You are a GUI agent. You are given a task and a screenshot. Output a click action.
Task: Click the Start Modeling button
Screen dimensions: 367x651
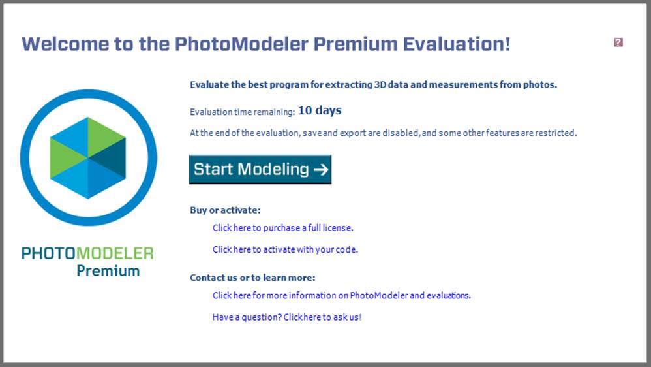tap(260, 169)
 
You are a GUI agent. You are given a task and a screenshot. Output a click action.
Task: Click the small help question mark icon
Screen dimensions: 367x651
tap(618, 42)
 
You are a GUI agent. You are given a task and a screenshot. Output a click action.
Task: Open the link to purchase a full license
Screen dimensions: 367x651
tap(282, 228)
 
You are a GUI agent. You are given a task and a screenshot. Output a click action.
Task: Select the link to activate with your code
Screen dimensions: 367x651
tap(285, 249)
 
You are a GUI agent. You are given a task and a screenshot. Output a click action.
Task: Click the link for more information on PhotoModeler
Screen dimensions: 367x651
tap(341, 295)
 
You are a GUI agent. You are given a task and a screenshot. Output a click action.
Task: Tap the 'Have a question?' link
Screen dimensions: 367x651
tap(286, 317)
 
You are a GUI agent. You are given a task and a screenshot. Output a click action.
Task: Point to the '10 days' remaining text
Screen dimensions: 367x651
tap(320, 110)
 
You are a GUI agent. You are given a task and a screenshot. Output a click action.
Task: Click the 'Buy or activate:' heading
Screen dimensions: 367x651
tap(225, 210)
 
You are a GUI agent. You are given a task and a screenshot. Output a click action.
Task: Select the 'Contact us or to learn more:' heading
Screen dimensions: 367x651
tap(252, 278)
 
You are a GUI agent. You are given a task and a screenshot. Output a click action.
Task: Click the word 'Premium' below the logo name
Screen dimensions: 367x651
tap(108, 270)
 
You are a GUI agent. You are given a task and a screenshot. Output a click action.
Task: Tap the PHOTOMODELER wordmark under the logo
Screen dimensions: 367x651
tap(87, 253)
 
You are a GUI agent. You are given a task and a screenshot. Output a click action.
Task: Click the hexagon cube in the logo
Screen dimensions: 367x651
tap(88, 157)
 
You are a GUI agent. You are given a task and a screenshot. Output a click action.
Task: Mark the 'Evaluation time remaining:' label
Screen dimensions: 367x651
tap(242, 112)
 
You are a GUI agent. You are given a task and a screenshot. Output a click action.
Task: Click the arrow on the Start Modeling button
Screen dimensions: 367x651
tap(320, 170)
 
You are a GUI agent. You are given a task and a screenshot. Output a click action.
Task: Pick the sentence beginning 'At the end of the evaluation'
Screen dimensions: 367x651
tap(383, 133)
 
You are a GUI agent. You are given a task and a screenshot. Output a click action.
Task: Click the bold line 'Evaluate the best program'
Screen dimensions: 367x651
tap(373, 84)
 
